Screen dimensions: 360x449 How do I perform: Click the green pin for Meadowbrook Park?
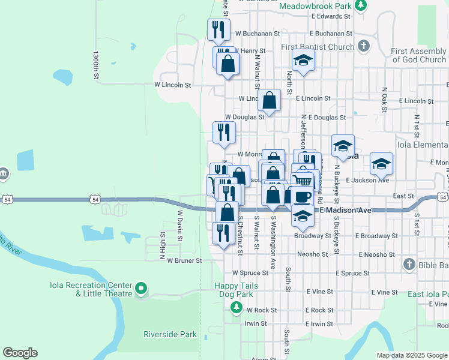tap(360, 6)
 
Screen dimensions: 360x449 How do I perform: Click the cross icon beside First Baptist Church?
tap(363, 46)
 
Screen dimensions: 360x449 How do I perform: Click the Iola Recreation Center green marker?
tap(141, 289)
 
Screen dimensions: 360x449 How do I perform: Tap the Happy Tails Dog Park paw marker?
tap(236, 308)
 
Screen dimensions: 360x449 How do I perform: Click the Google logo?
tap(20, 353)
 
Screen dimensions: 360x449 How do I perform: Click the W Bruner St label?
tap(184, 261)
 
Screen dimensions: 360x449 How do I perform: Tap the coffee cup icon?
tap(303, 196)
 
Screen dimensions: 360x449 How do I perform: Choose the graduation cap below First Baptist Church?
tap(303, 60)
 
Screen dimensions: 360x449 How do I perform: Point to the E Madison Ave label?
tap(346, 210)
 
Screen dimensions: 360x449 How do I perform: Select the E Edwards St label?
tap(326, 16)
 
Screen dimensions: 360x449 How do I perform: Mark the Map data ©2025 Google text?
tap(412, 355)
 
